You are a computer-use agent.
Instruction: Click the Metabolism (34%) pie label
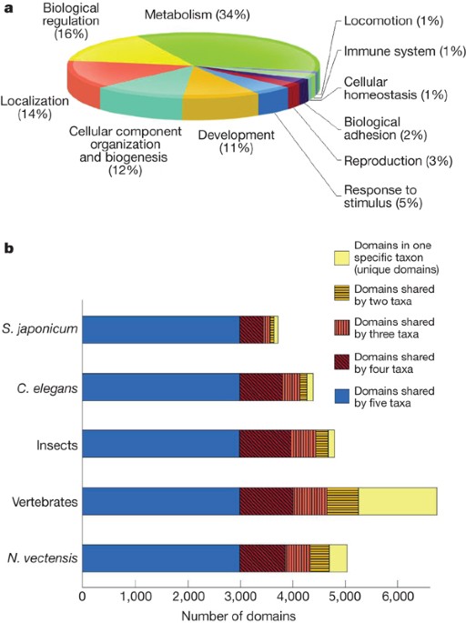[x=198, y=15]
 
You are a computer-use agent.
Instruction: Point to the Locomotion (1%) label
[x=393, y=21]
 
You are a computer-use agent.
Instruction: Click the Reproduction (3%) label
[x=398, y=161]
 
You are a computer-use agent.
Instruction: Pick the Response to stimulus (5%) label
[x=383, y=196]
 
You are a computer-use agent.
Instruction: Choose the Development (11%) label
[x=236, y=142]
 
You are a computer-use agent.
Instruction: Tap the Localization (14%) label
[x=35, y=107]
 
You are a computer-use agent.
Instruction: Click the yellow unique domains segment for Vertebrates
[x=398, y=501]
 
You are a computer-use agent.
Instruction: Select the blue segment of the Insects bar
[x=161, y=444]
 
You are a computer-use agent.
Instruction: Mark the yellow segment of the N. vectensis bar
[x=338, y=558]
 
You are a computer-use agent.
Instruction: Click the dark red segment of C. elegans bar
[x=261, y=387]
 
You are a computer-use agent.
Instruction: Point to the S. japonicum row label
[x=39, y=329]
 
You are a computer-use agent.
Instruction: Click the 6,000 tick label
[x=397, y=597]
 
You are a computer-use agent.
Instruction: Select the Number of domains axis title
[x=238, y=616]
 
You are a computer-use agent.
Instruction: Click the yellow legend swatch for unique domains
[x=342, y=258]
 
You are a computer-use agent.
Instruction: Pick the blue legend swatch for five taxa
[x=342, y=397]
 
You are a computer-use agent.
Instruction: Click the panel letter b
[x=8, y=248]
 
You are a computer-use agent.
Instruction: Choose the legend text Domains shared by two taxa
[x=394, y=295]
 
